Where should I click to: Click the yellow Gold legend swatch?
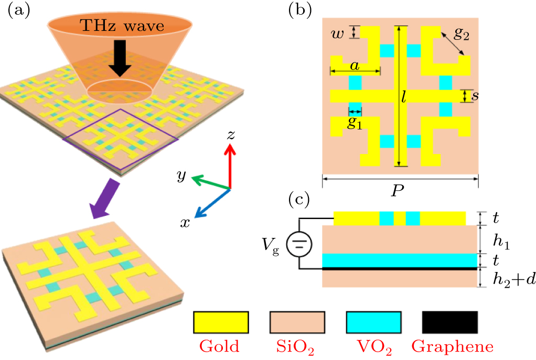coord(220,322)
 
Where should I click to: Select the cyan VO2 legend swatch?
coord(374,322)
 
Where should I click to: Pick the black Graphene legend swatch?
coord(450,322)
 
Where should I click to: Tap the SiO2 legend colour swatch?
coord(297,322)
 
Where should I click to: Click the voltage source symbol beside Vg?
coord(299,243)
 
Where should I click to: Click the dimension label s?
coord(474,96)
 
